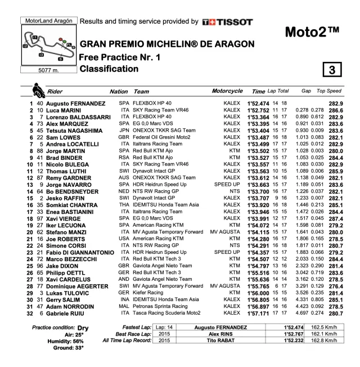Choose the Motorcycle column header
(x=227, y=91)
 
